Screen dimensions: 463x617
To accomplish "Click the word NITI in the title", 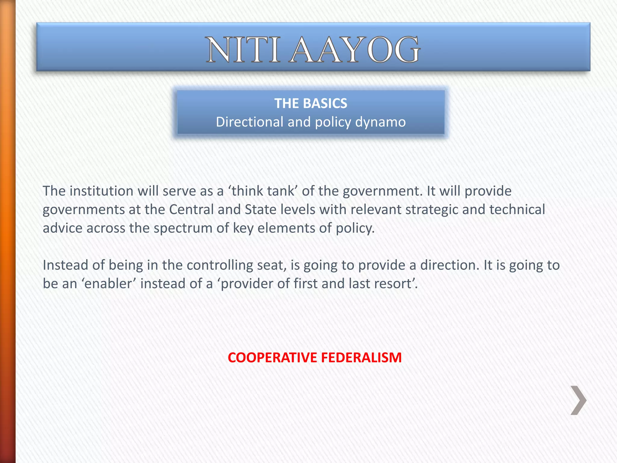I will [243, 50].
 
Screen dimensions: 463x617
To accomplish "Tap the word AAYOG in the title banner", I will [355, 50].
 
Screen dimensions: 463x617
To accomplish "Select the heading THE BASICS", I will [311, 103].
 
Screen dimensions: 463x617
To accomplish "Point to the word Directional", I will [250, 122].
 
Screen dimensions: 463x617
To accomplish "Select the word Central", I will [191, 209].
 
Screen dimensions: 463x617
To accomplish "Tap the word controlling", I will [220, 265].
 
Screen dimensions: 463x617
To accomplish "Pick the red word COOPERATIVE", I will [272, 357].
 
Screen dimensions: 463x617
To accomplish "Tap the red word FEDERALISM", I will [361, 357].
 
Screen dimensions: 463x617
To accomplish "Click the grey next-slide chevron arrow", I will [578, 400].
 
